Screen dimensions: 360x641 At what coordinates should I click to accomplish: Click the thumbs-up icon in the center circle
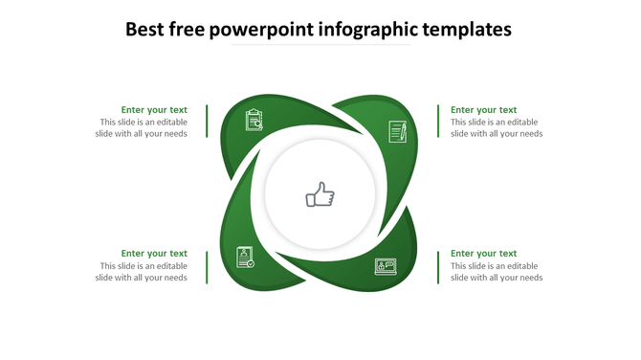click(320, 196)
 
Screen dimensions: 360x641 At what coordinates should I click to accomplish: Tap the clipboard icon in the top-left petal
click(254, 120)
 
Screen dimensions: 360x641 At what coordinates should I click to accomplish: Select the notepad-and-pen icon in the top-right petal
click(398, 131)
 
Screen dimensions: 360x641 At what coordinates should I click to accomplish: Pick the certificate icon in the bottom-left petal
click(246, 257)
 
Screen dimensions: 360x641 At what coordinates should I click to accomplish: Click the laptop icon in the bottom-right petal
click(386, 266)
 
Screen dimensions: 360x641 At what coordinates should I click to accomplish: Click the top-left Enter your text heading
click(153, 110)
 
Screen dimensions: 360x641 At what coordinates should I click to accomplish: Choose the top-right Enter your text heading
click(483, 110)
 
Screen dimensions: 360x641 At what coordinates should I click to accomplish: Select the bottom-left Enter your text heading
click(153, 254)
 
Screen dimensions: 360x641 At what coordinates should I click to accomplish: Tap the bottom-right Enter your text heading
click(483, 254)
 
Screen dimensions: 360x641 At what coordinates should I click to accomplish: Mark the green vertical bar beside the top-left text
click(207, 122)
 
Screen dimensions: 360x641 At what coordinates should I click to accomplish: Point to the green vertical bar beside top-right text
click(438, 122)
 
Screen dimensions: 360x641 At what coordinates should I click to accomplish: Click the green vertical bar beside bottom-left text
click(207, 266)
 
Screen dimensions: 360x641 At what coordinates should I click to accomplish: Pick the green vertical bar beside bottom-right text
click(438, 266)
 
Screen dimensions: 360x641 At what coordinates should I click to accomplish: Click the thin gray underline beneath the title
click(320, 45)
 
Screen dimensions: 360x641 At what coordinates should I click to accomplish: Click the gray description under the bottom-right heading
click(497, 272)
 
